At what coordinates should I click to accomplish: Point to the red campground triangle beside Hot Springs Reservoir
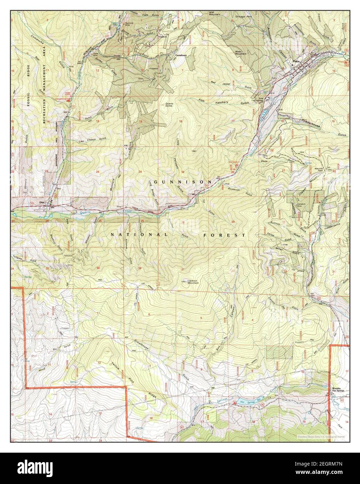point(235,403)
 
